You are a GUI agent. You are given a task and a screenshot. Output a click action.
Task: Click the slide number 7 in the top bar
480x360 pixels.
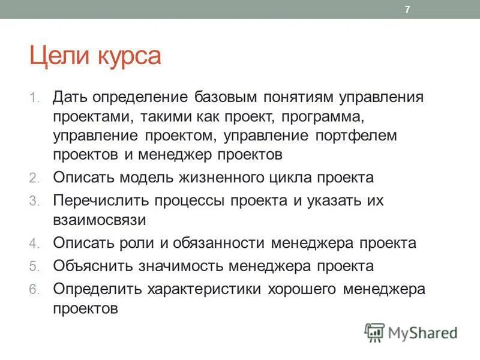tap(407, 10)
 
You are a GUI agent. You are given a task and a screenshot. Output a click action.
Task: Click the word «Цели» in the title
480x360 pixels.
tap(58, 57)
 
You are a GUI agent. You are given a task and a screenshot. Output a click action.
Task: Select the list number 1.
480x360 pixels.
tap(34, 97)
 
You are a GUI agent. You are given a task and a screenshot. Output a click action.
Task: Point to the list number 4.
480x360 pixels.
tap(34, 244)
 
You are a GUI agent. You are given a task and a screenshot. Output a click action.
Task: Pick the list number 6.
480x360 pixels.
tap(34, 289)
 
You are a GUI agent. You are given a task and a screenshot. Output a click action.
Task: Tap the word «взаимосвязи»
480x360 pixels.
tap(99, 220)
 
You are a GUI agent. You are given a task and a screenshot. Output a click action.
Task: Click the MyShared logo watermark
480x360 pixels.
tap(411, 332)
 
